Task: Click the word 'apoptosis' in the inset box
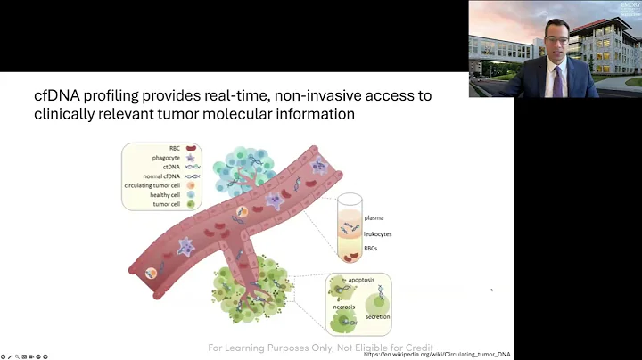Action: [371, 280]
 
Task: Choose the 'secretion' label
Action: [378, 317]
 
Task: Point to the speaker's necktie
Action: [558, 81]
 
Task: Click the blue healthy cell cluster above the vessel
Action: [232, 160]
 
